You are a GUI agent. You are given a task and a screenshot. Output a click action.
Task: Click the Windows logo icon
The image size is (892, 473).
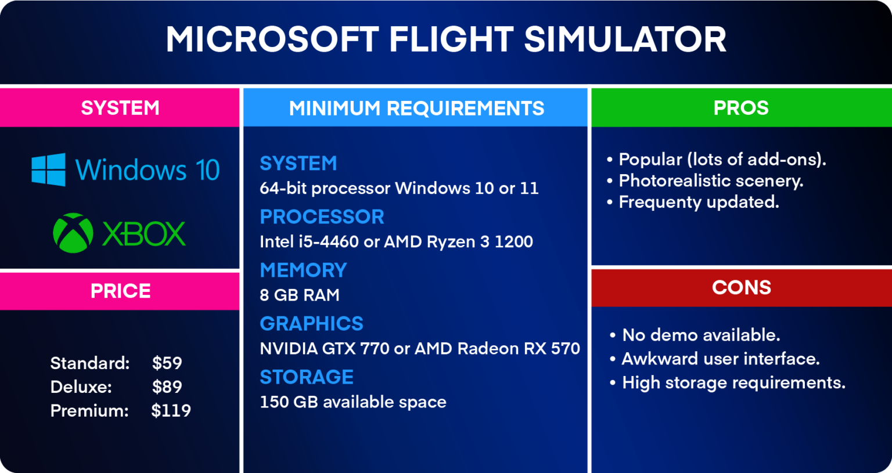coord(49,169)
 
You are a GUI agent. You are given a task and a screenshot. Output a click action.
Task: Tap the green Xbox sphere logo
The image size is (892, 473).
coord(73,233)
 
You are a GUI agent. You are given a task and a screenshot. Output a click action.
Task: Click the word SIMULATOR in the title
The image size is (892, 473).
coord(625,39)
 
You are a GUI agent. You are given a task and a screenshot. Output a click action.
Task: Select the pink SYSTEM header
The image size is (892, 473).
coord(120,108)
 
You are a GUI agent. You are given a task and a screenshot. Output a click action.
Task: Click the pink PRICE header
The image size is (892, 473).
coord(120,291)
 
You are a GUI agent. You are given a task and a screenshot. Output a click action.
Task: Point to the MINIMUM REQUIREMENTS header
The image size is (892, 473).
coord(416,108)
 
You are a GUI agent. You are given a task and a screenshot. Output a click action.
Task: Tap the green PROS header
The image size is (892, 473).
coord(741,108)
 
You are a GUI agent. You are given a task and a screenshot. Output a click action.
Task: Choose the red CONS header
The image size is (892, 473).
coord(741,287)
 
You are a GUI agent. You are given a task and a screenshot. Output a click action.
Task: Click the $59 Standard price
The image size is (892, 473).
coord(167,363)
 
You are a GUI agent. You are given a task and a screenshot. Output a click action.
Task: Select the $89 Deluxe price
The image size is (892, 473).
coord(167,387)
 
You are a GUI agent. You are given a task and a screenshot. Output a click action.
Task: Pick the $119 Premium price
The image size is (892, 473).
coord(171,411)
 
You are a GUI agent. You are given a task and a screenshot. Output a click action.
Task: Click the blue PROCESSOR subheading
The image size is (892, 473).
coord(322,217)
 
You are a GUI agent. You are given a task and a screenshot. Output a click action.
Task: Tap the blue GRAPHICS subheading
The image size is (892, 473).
coord(311,324)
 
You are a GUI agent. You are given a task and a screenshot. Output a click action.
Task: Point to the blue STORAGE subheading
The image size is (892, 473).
coord(307,377)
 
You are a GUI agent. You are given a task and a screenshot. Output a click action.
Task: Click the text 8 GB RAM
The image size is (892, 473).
coord(300,295)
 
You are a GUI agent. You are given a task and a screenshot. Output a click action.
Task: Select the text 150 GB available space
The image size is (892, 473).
coord(353,402)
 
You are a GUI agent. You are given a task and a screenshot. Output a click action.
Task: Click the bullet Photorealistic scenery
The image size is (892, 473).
coord(710,181)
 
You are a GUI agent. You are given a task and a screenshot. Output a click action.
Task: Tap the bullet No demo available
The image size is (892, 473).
coord(700,335)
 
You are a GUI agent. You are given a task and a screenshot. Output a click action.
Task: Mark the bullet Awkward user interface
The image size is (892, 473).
coord(720,359)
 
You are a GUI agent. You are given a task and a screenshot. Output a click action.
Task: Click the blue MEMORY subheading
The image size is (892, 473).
coord(303,270)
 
